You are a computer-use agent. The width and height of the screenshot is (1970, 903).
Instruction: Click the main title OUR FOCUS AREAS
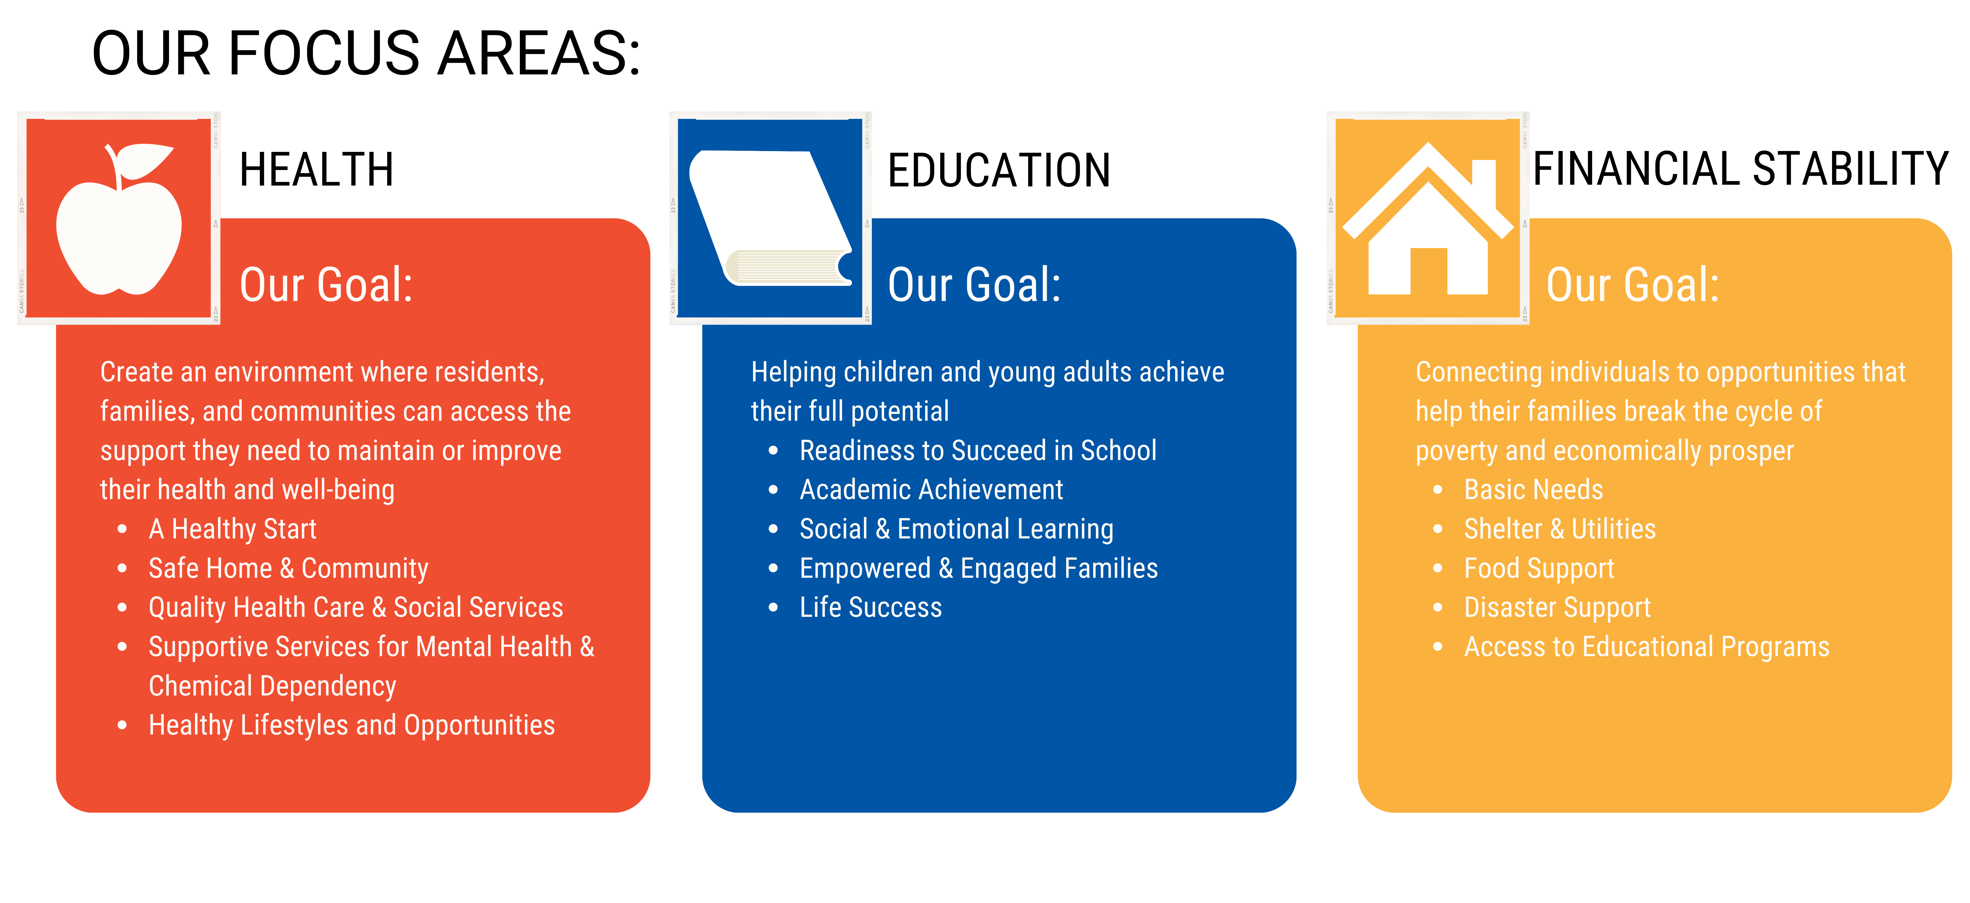pos(366,54)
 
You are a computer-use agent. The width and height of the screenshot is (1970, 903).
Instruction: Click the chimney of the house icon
pos(1483,180)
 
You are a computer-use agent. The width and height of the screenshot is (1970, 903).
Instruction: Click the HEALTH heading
pos(316,170)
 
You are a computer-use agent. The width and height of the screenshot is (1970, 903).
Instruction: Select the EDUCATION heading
pos(998,170)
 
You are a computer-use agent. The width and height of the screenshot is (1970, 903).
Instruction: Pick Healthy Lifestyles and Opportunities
pos(351,725)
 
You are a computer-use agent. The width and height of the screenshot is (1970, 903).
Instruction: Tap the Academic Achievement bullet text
pos(931,489)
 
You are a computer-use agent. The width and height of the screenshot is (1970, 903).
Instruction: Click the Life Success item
pos(870,607)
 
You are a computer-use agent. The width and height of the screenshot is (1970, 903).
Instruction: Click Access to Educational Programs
pos(1646,647)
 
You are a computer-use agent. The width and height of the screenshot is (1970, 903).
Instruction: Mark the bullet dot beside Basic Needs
pos(1438,489)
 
